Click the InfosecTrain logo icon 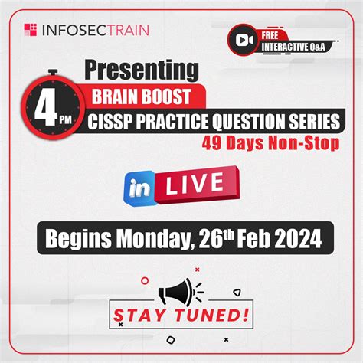[31, 31]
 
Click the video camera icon [244, 40]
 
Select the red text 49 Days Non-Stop [261, 143]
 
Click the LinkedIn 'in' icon [136, 187]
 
